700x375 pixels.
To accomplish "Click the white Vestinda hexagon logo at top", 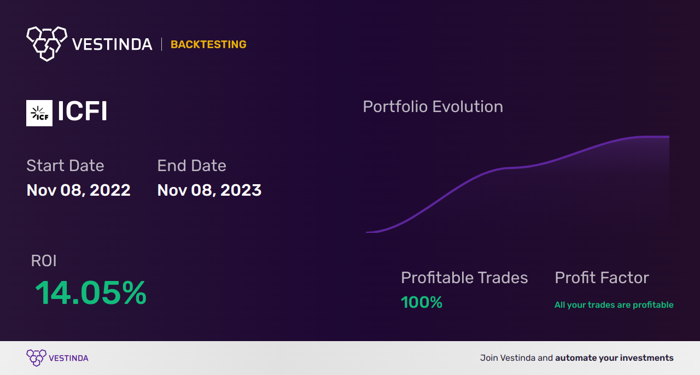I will (46, 43).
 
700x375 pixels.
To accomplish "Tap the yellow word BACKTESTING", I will (208, 45).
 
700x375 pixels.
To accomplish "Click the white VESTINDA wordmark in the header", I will (112, 45).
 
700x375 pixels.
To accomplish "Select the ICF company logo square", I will (39, 113).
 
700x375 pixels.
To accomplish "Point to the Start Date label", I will (65, 166).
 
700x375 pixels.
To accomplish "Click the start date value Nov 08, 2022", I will (78, 190).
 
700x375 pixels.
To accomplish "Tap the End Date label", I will (191, 166).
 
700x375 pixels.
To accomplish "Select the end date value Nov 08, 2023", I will (209, 190).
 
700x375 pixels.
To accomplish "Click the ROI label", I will (44, 261).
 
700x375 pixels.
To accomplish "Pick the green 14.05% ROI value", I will (91, 293).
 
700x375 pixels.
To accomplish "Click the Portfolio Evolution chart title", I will (433, 107).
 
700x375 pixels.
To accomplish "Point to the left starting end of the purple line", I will (367, 232).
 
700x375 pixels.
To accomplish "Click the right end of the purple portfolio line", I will (668, 137).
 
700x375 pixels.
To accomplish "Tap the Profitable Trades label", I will (464, 278).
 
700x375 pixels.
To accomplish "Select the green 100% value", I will (421, 302).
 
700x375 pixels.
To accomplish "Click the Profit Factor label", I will (602, 278).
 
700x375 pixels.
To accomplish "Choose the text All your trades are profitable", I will (614, 305).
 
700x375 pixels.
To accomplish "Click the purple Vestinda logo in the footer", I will (37, 358).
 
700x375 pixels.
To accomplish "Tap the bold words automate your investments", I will (614, 358).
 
